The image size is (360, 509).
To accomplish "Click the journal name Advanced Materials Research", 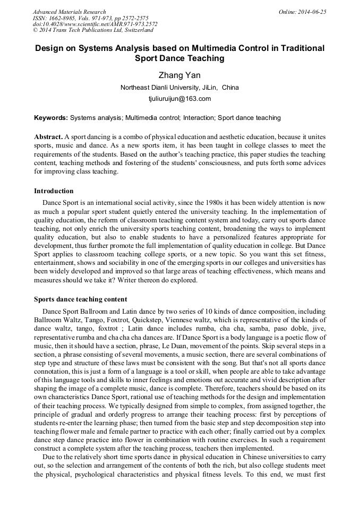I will tap(70, 12).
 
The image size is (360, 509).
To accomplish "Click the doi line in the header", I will tap(95, 24).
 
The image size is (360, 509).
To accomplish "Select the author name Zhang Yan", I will tap(179, 75).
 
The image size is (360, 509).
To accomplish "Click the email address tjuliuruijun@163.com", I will tap(179, 99).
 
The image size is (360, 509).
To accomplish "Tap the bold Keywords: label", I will tap(51, 118).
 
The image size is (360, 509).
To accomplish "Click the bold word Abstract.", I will tap(49, 137).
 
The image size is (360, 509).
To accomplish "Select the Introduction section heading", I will tap(54, 191).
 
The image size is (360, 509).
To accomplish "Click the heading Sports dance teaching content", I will tap(81, 299).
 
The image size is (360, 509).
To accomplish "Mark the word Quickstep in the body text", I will tap(147, 320).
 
